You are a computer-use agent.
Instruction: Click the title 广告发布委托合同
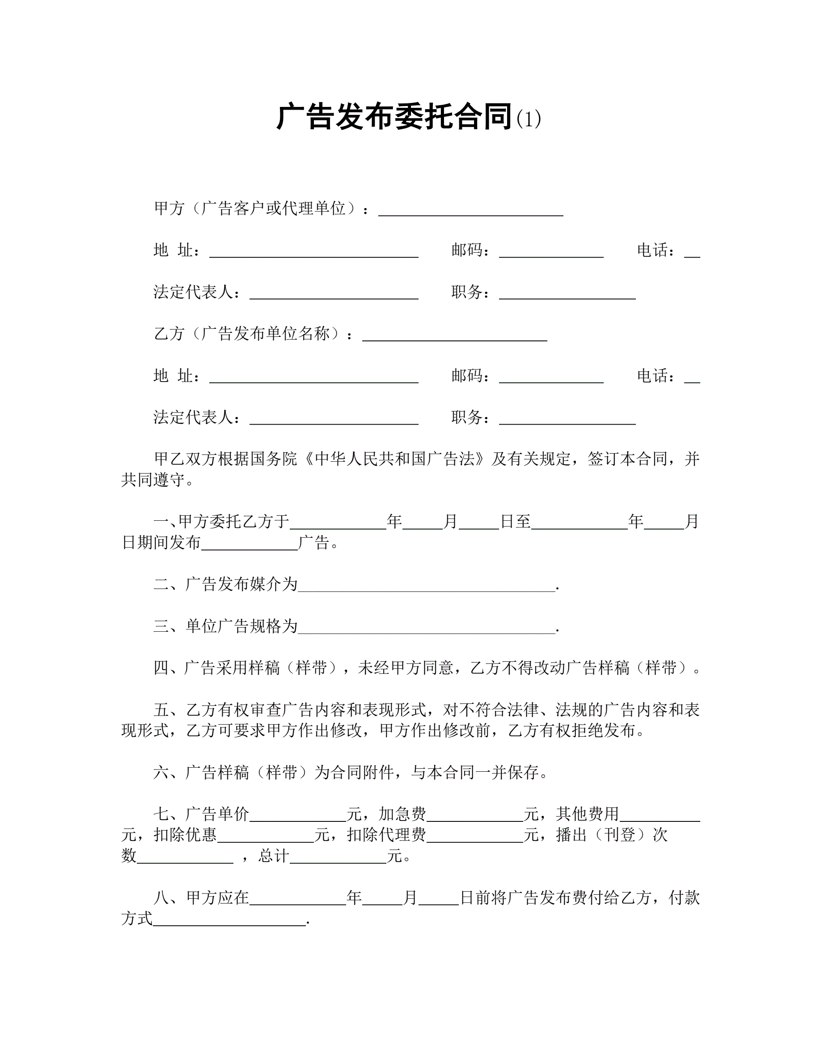[x=394, y=117]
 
